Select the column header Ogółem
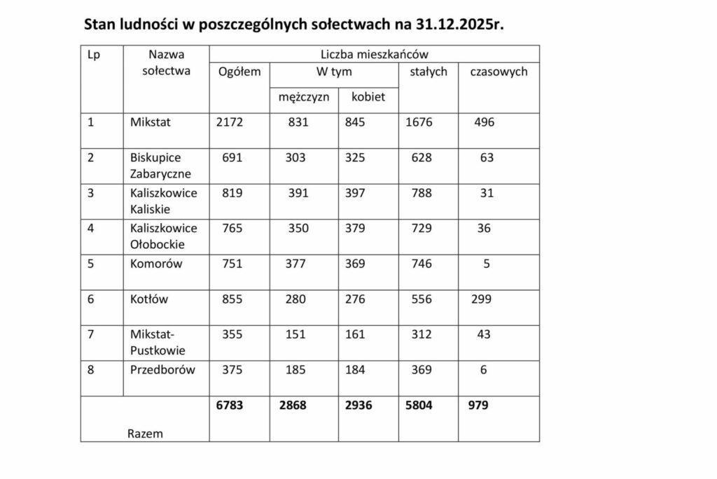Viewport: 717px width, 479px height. click(x=239, y=72)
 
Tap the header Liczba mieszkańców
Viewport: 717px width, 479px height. click(x=374, y=54)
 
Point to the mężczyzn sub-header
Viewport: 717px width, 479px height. click(x=299, y=98)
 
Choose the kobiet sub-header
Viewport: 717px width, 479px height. click(x=368, y=98)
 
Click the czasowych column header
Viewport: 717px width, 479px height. click(x=499, y=72)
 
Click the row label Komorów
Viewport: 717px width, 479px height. click(x=156, y=264)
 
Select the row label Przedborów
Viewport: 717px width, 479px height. click(x=162, y=370)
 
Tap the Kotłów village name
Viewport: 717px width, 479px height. click(x=149, y=299)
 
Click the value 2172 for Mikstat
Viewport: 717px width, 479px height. click(x=231, y=122)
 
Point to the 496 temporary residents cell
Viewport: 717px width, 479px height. click(x=484, y=122)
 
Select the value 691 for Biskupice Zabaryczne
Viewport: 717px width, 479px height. click(x=232, y=158)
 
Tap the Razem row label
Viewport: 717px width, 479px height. click(x=145, y=434)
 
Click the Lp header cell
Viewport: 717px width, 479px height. click(x=93, y=54)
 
